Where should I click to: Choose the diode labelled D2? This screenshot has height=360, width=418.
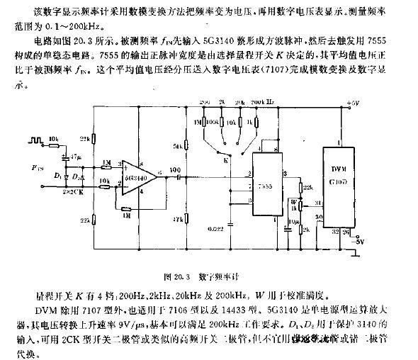77,173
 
